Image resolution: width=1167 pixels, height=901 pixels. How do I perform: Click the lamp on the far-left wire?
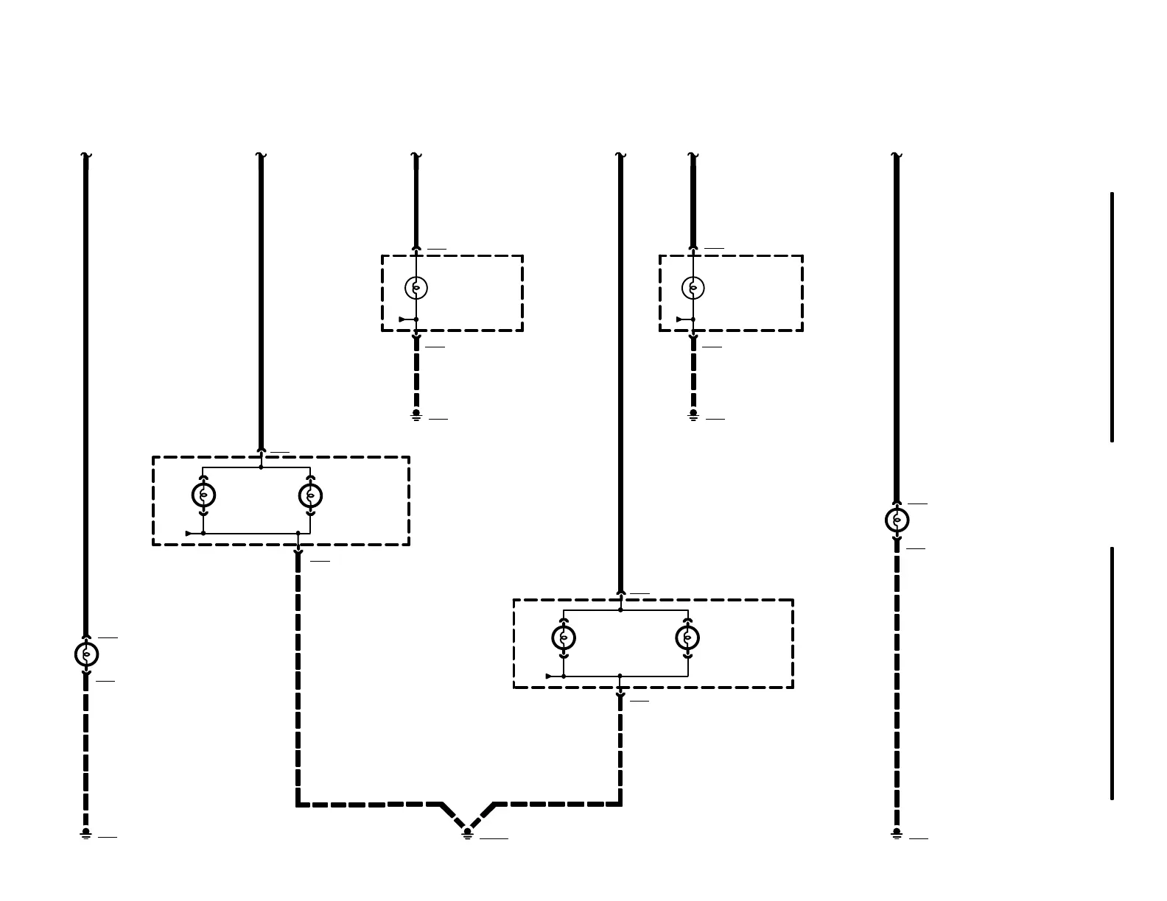click(x=86, y=654)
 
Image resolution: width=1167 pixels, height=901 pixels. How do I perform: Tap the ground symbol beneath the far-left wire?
click(x=86, y=833)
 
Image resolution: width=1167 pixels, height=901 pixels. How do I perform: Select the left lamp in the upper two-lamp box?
click(x=203, y=495)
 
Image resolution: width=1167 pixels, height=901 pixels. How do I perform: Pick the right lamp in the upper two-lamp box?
click(x=310, y=495)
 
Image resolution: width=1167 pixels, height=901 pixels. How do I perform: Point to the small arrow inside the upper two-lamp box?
click(x=189, y=533)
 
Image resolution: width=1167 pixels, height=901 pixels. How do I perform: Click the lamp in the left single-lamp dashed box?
click(x=416, y=288)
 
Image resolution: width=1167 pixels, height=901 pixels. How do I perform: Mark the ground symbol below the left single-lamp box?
click(x=416, y=415)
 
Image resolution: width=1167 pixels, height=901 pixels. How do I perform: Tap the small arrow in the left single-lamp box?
click(x=402, y=319)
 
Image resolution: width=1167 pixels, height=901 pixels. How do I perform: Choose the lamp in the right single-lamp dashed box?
click(x=693, y=288)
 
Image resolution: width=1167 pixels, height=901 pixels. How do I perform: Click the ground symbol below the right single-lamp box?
click(x=693, y=415)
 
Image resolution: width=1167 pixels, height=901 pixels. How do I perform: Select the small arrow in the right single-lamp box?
click(x=680, y=319)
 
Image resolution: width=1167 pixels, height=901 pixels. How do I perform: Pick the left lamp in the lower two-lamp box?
click(x=564, y=637)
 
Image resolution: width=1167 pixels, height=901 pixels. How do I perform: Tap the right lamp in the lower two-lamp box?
click(x=687, y=637)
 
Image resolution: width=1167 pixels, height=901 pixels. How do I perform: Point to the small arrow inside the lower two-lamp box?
click(x=550, y=676)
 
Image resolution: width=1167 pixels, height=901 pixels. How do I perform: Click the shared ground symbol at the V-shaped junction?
click(x=467, y=833)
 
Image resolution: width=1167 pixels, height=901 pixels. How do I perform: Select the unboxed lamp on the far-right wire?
click(x=897, y=520)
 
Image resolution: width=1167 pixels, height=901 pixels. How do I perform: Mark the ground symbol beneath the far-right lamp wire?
click(x=897, y=833)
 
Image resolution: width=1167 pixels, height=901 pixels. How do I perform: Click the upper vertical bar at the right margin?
click(x=1112, y=317)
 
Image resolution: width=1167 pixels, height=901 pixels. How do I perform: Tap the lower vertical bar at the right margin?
click(x=1112, y=673)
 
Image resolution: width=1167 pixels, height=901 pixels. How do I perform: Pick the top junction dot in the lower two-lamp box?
click(x=620, y=609)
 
